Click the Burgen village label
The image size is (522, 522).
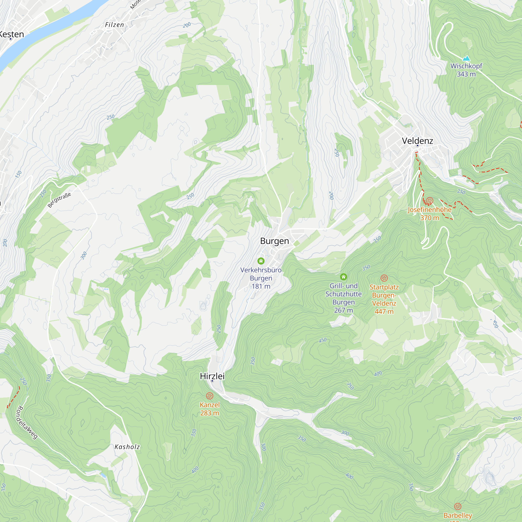(x=275, y=241)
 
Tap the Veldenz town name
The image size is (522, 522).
(x=417, y=140)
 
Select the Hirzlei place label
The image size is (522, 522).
(x=212, y=376)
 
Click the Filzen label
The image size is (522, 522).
(x=114, y=25)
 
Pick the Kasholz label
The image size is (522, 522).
(x=127, y=447)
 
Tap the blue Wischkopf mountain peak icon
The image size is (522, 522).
(x=466, y=58)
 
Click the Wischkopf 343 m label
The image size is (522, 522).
(x=466, y=70)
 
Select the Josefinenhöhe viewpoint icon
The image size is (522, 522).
(x=430, y=201)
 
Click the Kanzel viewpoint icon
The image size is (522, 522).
(x=210, y=396)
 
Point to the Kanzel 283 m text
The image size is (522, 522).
(x=210, y=409)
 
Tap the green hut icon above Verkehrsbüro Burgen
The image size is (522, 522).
(x=261, y=261)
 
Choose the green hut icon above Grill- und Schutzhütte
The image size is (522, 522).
(x=343, y=277)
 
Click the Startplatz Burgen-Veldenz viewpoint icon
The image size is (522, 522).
(x=384, y=278)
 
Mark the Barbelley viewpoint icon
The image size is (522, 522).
(x=458, y=506)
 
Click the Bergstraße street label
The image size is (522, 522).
(x=59, y=200)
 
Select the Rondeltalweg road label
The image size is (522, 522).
(x=27, y=423)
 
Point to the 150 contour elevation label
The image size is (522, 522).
(x=18, y=174)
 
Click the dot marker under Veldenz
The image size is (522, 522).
(x=417, y=146)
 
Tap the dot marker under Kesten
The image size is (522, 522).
(x=10, y=39)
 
